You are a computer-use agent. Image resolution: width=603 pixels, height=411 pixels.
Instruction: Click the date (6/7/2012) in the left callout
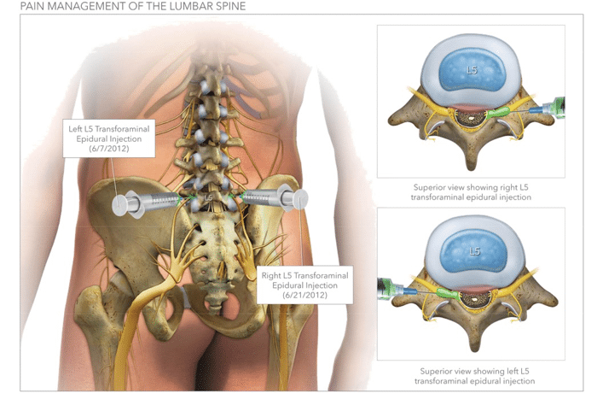pyautogui.click(x=108, y=149)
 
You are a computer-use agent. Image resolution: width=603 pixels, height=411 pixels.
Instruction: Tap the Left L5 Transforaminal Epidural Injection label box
pyautogui.click(x=108, y=138)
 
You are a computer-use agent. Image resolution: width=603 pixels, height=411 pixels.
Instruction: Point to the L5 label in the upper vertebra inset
pyautogui.click(x=472, y=70)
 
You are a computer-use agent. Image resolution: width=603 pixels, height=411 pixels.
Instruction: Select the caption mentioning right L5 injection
pyautogui.click(x=472, y=191)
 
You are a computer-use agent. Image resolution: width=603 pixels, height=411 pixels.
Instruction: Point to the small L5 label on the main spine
pyautogui.click(x=209, y=197)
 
